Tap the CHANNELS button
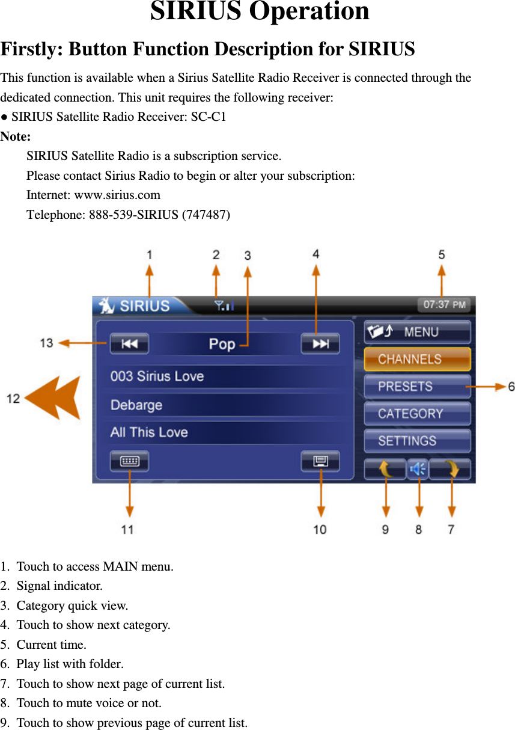click(416, 359)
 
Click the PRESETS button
click(416, 386)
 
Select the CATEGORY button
click(416, 414)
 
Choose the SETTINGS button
click(416, 441)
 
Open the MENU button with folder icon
click(416, 332)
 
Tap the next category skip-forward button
click(320, 344)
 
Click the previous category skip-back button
click(129, 344)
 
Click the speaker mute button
click(418, 469)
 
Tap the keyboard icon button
click(129, 461)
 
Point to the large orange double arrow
click(54, 398)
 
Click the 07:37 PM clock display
click(444, 305)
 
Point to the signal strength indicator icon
click(224, 306)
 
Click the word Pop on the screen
click(222, 344)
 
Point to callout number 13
click(46, 343)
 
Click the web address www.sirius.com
click(117, 195)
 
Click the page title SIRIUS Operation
click(260, 12)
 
